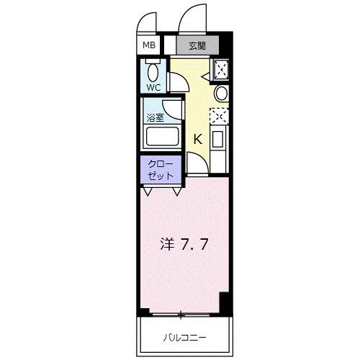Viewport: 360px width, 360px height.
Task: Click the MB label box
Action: (x=149, y=45)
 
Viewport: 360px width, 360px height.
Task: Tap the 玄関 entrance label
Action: (x=198, y=45)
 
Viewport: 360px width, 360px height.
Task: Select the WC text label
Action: (x=153, y=87)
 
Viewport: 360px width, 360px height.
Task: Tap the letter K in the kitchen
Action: (x=198, y=139)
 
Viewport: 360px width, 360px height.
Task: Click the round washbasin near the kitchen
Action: (x=221, y=94)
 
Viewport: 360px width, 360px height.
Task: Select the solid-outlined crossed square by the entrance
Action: (x=220, y=71)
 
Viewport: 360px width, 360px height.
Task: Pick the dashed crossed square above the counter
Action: (x=218, y=116)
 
